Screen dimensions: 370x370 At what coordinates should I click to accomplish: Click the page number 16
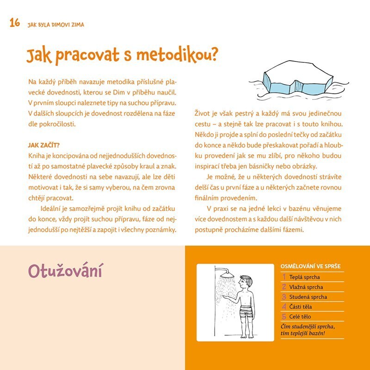[x=14, y=23]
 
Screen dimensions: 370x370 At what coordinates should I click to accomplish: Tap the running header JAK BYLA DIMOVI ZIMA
[x=55, y=24]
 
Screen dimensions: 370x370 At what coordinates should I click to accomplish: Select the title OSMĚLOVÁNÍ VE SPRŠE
[x=310, y=267]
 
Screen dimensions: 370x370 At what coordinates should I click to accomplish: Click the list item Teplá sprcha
[x=304, y=277]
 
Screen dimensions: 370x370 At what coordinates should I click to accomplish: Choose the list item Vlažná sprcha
[x=306, y=287]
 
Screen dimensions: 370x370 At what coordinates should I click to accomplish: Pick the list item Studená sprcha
[x=308, y=297]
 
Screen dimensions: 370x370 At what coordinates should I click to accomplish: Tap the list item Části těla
[x=302, y=307]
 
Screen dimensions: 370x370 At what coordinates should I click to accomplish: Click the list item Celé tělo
[x=302, y=317]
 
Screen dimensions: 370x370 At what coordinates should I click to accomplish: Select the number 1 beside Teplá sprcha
[x=284, y=277]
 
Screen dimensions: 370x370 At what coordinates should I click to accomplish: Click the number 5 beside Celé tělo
[x=284, y=317]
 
